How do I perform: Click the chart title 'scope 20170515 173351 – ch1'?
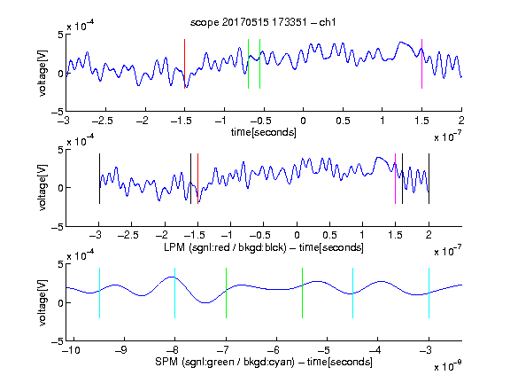(263, 22)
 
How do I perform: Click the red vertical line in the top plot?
(184, 64)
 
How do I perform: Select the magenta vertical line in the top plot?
(421, 64)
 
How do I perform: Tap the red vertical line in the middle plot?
(197, 179)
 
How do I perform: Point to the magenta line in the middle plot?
(395, 179)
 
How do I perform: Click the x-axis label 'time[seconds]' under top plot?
(264, 132)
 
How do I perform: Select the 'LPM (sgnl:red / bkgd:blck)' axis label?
(225, 247)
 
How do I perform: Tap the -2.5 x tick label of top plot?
(103, 121)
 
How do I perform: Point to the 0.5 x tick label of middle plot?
(329, 235)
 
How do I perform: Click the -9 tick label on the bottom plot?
(121, 350)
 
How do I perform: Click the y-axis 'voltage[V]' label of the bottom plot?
(42, 302)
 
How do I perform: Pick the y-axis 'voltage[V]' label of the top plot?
(42, 73)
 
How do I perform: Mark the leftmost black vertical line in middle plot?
(99, 179)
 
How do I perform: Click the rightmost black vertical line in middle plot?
(429, 179)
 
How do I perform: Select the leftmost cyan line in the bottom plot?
(99, 293)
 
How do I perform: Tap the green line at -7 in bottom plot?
(226, 293)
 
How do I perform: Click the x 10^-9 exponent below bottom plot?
(448, 366)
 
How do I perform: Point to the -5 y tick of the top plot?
(57, 112)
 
